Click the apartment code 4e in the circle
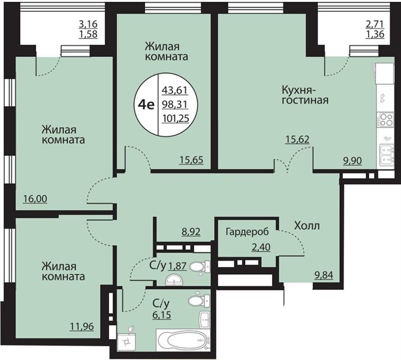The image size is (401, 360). (146, 105)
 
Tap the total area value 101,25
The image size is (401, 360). (176, 118)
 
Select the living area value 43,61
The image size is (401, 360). (175, 91)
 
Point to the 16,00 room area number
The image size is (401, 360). (35, 199)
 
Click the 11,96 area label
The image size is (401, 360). (82, 326)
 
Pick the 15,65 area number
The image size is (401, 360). (191, 160)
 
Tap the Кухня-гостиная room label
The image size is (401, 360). (305, 95)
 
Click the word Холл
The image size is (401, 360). (307, 226)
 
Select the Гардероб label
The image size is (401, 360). (248, 232)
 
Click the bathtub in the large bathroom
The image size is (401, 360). (183, 341)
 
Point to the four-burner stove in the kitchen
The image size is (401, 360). (386, 119)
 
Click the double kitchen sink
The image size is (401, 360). (387, 155)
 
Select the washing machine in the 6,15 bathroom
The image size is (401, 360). (126, 341)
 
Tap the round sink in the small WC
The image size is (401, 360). (174, 280)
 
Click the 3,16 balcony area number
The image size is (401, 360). (88, 25)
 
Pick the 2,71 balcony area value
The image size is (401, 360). (375, 25)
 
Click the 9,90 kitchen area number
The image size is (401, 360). (352, 161)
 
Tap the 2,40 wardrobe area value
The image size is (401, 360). (261, 247)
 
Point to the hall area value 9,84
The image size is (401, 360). (324, 275)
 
